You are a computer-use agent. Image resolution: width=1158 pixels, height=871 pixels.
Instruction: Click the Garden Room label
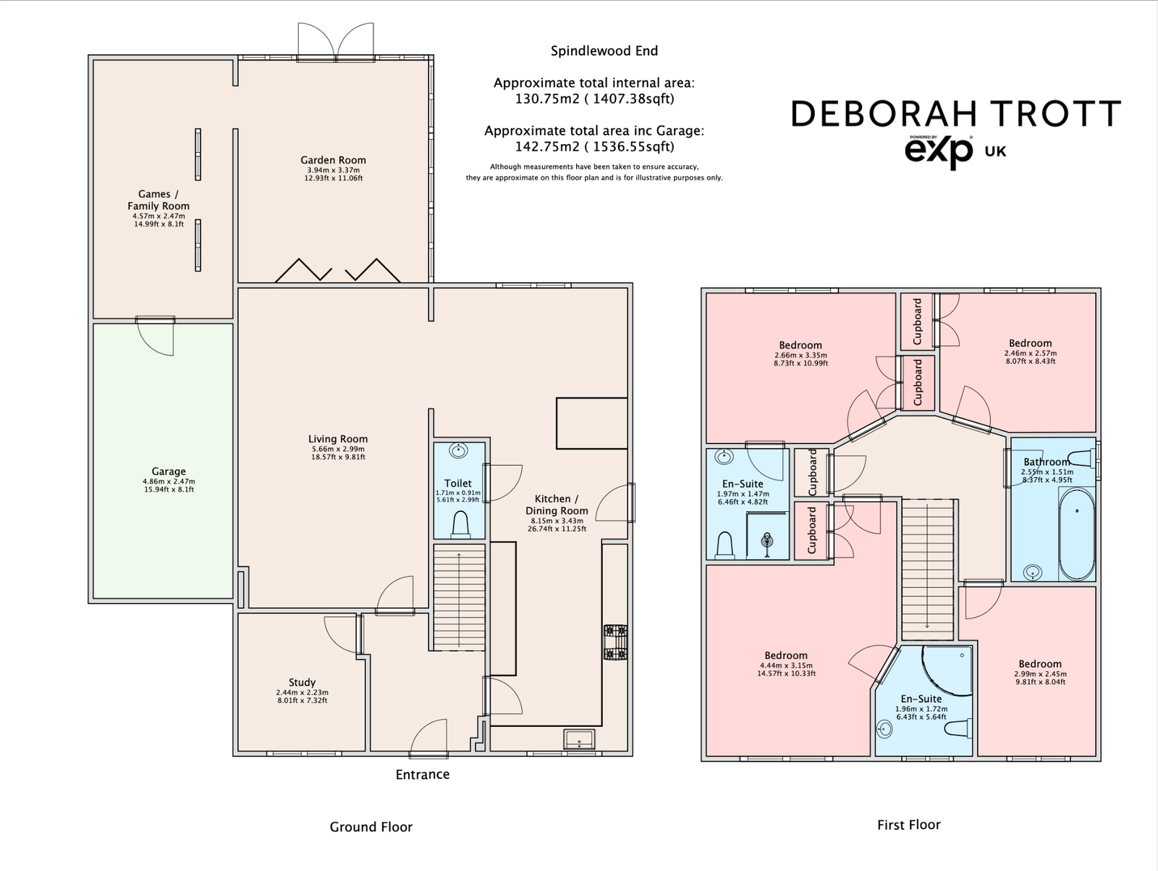(333, 161)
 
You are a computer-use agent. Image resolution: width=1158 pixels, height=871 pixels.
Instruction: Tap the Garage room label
(169, 471)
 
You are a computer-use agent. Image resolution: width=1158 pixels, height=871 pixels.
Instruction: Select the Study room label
(302, 682)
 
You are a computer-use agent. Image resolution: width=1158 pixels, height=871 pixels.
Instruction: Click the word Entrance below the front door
(422, 775)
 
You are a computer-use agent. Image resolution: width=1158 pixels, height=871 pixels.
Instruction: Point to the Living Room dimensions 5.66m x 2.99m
(338, 449)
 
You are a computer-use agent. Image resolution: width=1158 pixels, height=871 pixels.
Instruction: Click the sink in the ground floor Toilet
(458, 451)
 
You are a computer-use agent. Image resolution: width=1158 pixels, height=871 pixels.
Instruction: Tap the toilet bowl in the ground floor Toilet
(460, 525)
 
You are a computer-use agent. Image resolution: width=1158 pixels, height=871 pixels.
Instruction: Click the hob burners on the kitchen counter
(615, 642)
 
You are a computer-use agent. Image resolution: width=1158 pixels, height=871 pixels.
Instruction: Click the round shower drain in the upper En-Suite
(766, 540)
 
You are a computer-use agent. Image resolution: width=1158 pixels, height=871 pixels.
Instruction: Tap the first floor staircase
(927, 565)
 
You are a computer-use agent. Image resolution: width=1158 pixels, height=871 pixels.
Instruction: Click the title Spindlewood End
(604, 51)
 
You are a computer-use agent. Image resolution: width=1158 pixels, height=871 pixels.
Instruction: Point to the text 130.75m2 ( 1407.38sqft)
(593, 99)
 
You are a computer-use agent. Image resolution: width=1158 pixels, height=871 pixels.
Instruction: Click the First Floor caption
(908, 825)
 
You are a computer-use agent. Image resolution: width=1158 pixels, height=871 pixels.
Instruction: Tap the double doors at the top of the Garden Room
(337, 40)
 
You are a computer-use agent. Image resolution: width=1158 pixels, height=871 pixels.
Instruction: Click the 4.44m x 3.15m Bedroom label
(785, 655)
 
